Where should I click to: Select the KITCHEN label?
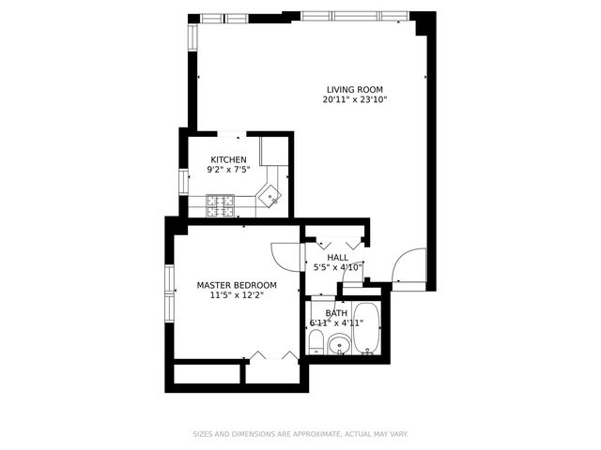pyautogui.click(x=228, y=159)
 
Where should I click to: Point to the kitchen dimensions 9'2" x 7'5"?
pyautogui.click(x=228, y=170)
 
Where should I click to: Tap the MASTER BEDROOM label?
pyautogui.click(x=237, y=285)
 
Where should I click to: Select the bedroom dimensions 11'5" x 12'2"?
pyautogui.click(x=237, y=295)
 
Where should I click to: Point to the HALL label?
pyautogui.click(x=337, y=257)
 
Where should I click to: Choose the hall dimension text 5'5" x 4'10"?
pyautogui.click(x=337, y=267)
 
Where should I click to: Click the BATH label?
pyautogui.click(x=336, y=313)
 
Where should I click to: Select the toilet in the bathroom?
pyautogui.click(x=317, y=342)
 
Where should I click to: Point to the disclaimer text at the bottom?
pyautogui.click(x=300, y=434)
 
